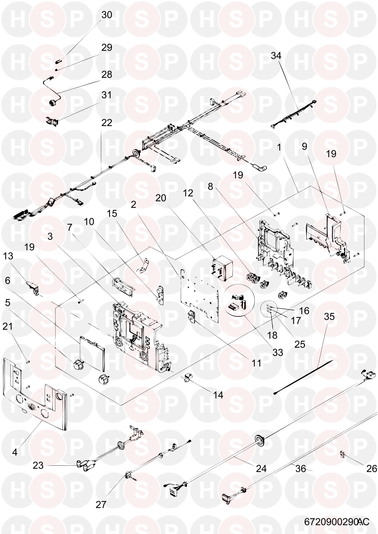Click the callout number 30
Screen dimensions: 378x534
[107, 15]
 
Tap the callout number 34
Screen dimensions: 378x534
[276, 56]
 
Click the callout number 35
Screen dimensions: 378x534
[329, 317]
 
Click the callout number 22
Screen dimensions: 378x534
[107, 123]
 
